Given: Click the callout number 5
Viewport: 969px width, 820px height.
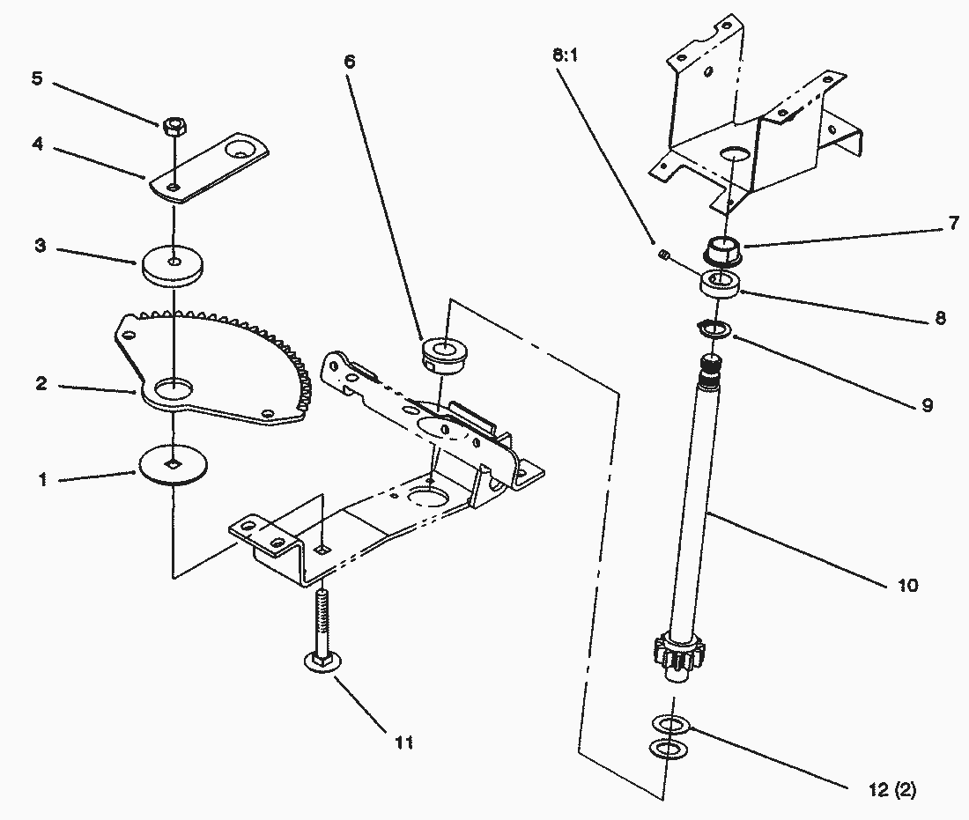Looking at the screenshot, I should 36,78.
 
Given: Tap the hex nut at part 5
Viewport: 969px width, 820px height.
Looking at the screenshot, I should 174,125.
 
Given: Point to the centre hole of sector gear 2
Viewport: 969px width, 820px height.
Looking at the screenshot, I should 174,388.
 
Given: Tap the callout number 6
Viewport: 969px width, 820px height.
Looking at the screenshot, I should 350,62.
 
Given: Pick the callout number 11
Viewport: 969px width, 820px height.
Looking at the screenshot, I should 403,743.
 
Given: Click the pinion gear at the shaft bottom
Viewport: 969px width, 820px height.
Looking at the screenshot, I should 675,657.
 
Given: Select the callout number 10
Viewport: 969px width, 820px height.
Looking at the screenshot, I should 906,585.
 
